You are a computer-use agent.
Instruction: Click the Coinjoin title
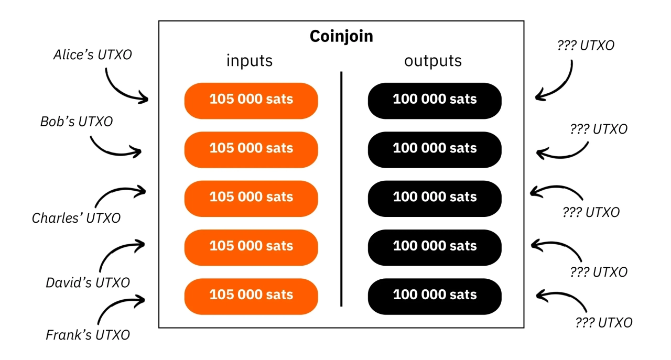[341, 36]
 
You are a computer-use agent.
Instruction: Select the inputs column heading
[250, 61]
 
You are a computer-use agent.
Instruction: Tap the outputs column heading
[433, 61]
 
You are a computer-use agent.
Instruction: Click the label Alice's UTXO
[93, 54]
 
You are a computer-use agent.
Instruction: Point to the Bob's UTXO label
[77, 122]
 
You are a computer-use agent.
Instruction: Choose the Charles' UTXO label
[76, 218]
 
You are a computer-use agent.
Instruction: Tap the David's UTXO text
[88, 282]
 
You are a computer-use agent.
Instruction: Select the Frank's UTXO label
[88, 335]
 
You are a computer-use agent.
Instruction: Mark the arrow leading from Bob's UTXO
[114, 154]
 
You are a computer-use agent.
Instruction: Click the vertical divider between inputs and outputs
[341, 189]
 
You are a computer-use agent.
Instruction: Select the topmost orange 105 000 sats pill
[251, 101]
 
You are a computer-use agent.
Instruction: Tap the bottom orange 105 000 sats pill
[251, 297]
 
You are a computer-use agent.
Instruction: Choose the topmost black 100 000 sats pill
[435, 101]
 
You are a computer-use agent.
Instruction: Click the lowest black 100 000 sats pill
[435, 297]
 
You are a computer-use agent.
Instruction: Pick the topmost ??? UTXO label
[586, 46]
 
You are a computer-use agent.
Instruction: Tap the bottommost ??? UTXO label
[604, 323]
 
